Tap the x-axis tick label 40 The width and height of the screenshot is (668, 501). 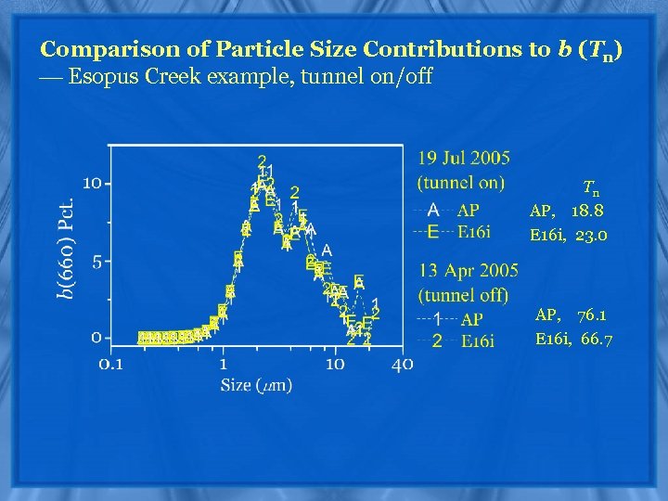tap(402, 364)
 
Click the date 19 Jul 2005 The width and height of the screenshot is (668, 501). tap(464, 159)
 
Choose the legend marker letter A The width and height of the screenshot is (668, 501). tap(433, 210)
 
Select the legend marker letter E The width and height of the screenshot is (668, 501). tap(433, 232)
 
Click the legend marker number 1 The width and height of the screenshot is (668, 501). tap(436, 319)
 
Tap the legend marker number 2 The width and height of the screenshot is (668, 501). tap(436, 340)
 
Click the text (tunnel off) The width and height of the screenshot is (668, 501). tap(463, 295)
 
